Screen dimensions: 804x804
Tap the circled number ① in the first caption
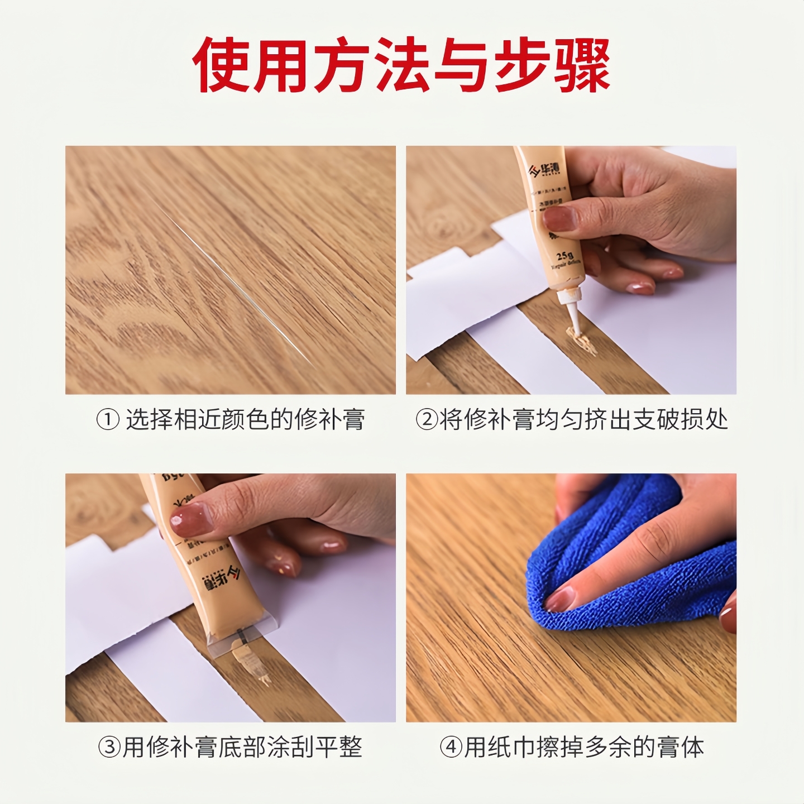coord(108,419)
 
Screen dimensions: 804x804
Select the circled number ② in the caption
coord(427,419)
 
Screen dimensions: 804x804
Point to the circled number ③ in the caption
coord(109,747)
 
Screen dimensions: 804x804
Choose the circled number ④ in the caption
coord(451,747)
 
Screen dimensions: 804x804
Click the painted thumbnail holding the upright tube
coord(559,218)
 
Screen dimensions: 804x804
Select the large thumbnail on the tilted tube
coord(191,519)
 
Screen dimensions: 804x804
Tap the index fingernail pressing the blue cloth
coord(560,600)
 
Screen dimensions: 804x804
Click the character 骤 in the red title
coord(582,65)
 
